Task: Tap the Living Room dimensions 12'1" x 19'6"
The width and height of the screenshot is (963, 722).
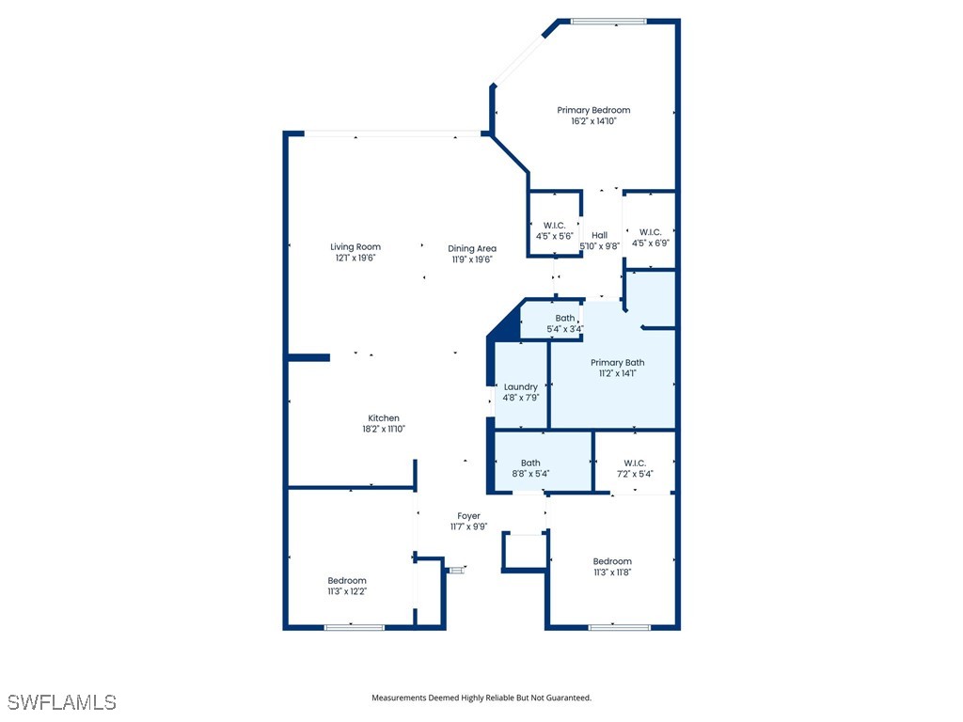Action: click(355, 259)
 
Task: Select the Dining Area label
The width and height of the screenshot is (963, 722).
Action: click(472, 248)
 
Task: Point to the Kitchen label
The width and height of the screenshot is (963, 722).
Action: click(384, 418)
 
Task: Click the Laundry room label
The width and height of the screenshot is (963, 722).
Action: click(520, 386)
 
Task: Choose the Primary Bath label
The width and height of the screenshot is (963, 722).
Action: click(618, 362)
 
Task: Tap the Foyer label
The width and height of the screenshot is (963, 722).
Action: click(468, 516)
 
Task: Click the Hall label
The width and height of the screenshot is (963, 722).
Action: click(599, 235)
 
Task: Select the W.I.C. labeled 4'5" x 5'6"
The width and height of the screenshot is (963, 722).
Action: click(554, 230)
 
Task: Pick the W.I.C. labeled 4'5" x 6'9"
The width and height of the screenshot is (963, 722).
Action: click(650, 237)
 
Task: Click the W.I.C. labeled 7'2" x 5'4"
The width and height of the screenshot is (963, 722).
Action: click(635, 467)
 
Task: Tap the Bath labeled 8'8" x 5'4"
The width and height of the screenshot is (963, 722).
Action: click(531, 467)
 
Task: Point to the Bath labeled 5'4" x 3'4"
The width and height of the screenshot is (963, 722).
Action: click(565, 323)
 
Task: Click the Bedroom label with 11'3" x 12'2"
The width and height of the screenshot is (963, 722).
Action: click(347, 586)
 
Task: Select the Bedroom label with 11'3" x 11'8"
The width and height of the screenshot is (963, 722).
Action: click(612, 566)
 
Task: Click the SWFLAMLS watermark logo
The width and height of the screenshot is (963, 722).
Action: click(62, 702)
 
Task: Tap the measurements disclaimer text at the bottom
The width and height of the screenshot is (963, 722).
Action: click(481, 698)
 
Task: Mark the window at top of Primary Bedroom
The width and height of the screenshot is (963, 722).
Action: click(608, 22)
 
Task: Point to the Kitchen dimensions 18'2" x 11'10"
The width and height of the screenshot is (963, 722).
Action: click(384, 430)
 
